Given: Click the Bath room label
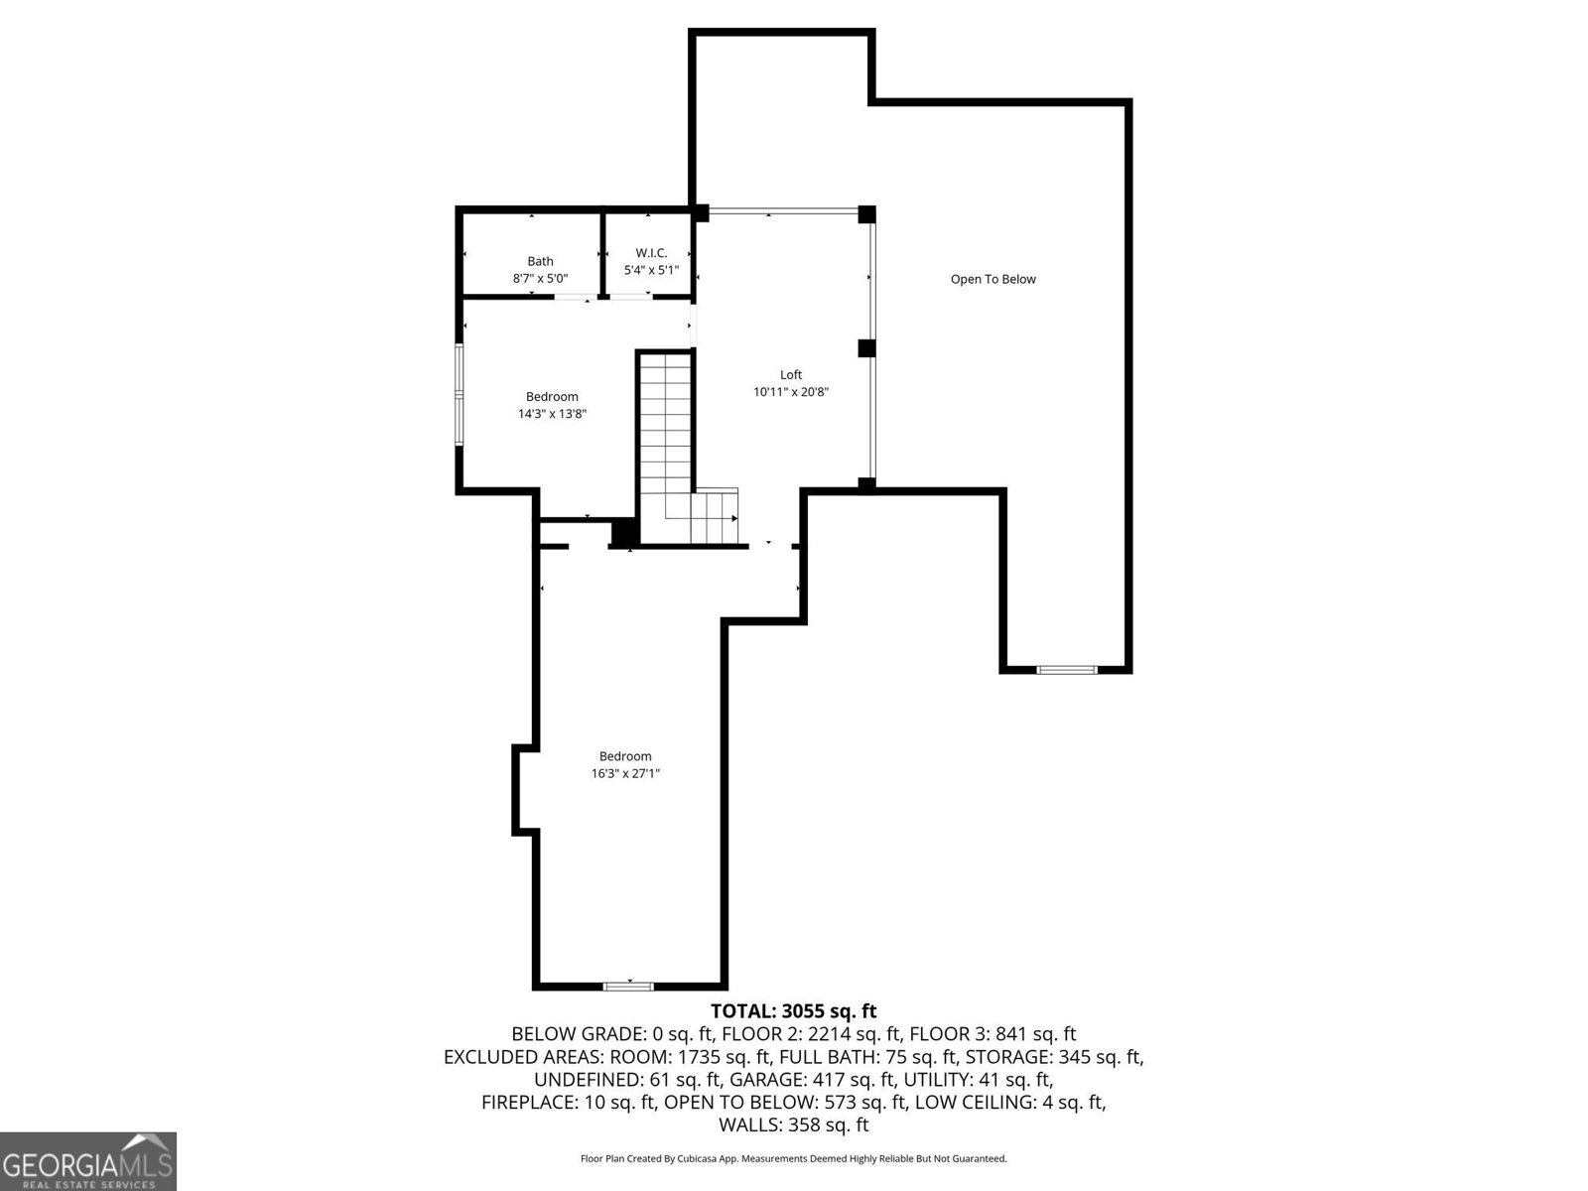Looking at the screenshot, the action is click(x=540, y=261).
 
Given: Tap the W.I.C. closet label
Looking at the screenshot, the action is click(x=651, y=253).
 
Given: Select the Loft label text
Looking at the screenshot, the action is click(x=791, y=374).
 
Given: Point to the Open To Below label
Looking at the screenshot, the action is click(x=992, y=279).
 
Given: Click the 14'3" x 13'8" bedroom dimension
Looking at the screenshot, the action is click(x=552, y=414).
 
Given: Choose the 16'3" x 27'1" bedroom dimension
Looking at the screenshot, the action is click(x=625, y=773).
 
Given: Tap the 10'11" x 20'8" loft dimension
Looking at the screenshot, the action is click(x=791, y=392).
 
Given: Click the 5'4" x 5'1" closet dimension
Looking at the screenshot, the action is click(x=651, y=270).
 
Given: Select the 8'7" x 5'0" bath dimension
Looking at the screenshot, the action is click(x=540, y=279).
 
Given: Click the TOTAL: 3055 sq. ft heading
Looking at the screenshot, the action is click(x=793, y=1011).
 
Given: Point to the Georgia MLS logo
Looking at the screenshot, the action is click(x=88, y=1161).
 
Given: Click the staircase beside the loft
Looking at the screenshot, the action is click(x=687, y=449).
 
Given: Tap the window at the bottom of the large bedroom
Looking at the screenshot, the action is click(x=628, y=986).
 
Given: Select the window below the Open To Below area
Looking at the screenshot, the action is click(x=1066, y=670).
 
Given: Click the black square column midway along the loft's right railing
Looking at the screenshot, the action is click(x=866, y=347).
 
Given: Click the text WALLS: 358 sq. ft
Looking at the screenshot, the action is click(x=794, y=1125).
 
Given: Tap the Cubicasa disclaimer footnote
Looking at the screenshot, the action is click(x=794, y=1158).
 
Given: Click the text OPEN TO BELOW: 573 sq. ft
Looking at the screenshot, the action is click(x=785, y=1103).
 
